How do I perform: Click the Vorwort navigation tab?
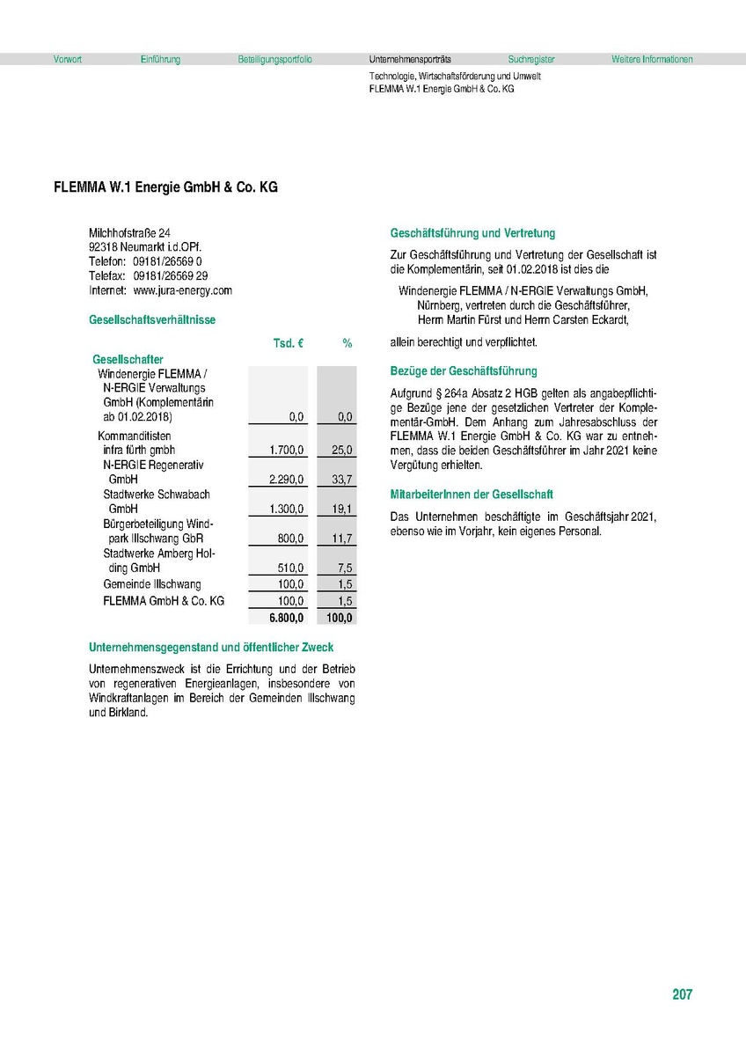coord(68,60)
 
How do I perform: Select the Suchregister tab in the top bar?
coord(531,60)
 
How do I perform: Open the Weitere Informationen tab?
coord(652,60)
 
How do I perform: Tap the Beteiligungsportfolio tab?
coord(274,60)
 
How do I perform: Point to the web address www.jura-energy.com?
coord(182,290)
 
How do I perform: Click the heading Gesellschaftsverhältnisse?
coord(151,320)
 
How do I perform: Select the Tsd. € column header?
coord(289,344)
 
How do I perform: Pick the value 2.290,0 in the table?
coord(287,480)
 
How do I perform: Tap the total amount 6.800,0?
coord(287,618)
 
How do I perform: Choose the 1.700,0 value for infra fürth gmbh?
coord(287,451)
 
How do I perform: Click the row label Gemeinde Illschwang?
coord(151,584)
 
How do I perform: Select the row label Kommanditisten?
coord(134,436)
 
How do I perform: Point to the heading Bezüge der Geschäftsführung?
coord(463,371)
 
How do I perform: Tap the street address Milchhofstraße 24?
coord(129,232)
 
